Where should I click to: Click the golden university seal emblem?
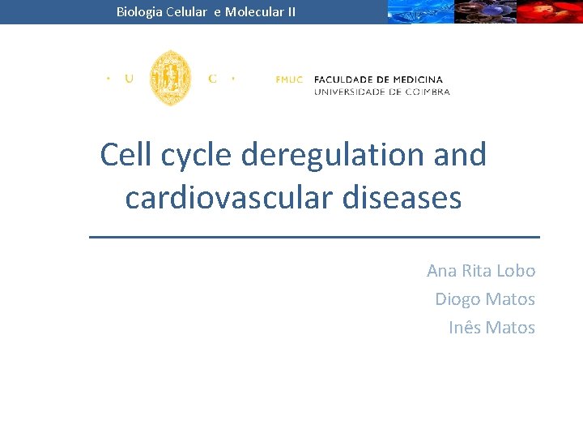click(x=171, y=78)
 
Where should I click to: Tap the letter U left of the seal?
click(x=129, y=79)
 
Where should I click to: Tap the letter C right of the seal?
click(x=212, y=79)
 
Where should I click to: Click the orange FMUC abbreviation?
click(x=289, y=79)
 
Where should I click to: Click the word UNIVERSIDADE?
click(x=350, y=92)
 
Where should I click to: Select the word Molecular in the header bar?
click(x=253, y=12)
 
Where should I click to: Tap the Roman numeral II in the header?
click(x=290, y=12)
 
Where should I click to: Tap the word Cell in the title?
click(x=126, y=155)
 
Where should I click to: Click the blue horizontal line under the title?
click(x=313, y=236)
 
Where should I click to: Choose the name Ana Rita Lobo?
click(x=481, y=271)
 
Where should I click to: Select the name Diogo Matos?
click(x=485, y=299)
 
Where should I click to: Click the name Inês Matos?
click(x=492, y=328)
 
